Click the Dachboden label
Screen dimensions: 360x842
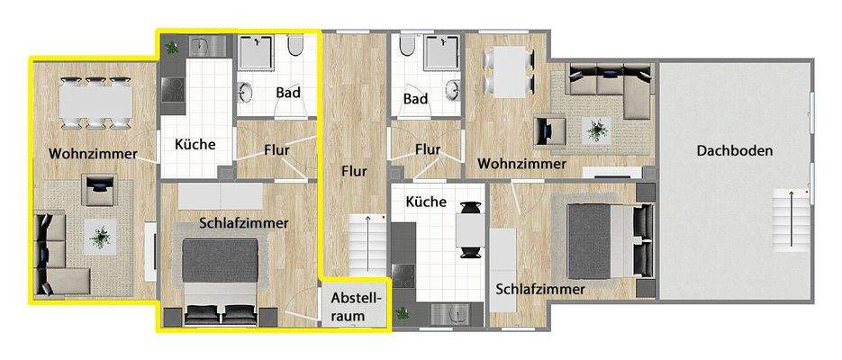click(734, 151)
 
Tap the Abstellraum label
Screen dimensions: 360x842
click(357, 305)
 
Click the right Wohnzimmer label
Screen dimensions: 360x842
click(522, 164)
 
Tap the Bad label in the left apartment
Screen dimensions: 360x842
click(288, 93)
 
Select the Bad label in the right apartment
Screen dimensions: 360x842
click(415, 99)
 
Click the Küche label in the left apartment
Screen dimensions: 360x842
click(195, 143)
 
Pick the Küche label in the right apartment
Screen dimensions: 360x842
click(426, 202)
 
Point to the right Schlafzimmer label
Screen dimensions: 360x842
click(540, 289)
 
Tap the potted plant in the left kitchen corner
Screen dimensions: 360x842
click(171, 45)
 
